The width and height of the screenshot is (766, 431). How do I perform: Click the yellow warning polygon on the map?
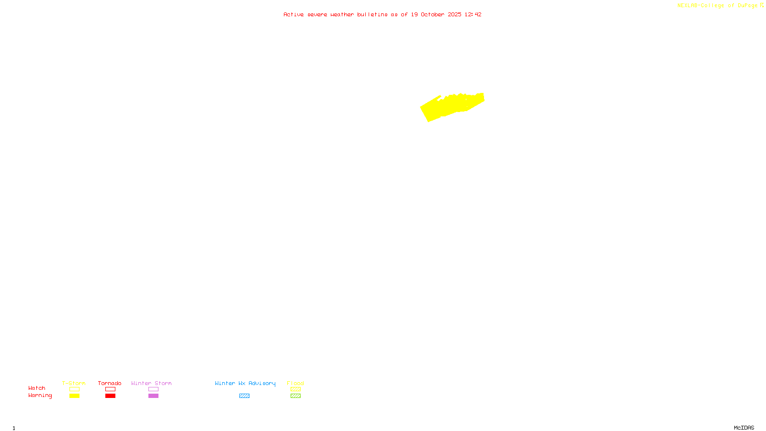tap(450, 106)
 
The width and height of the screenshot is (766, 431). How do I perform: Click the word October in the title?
tap(432, 14)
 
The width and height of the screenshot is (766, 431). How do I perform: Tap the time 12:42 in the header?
tap(473, 14)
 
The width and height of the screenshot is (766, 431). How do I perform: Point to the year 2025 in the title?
tap(454, 14)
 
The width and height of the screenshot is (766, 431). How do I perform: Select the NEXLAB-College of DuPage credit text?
tap(717, 5)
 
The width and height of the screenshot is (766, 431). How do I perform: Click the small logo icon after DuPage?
tap(762, 5)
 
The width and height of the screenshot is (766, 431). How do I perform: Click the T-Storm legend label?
tap(74, 383)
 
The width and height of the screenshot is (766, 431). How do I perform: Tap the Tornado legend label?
tap(110, 383)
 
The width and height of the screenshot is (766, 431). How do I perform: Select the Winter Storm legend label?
tap(151, 383)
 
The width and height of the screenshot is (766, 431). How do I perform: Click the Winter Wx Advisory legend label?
tap(245, 383)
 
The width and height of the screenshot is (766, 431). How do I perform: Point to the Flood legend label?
tap(295, 383)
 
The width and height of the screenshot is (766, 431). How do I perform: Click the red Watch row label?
tap(37, 388)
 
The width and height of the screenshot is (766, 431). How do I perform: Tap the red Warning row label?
tap(40, 396)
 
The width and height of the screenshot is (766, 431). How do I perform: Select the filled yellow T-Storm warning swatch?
tap(74, 396)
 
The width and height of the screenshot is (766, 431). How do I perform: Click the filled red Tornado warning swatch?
tap(110, 396)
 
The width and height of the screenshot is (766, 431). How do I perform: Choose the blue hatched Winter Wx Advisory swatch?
tap(244, 396)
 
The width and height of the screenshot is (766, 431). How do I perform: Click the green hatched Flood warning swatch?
tap(295, 396)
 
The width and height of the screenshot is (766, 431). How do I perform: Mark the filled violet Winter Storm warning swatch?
tap(153, 396)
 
